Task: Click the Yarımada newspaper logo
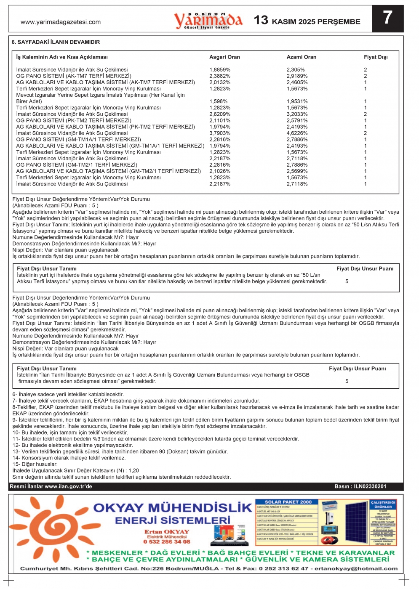pyautogui.click(x=208, y=20)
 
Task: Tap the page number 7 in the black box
pyautogui.click(x=387, y=18)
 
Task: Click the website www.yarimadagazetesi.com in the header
pyautogui.click(x=61, y=22)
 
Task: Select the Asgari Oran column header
pyautogui.click(x=224, y=57)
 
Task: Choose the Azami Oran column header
pyautogui.click(x=301, y=57)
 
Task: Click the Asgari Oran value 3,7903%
pyautogui.click(x=220, y=133)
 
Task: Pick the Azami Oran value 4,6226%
pyautogui.click(x=297, y=133)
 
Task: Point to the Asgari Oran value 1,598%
pyautogui.click(x=218, y=101)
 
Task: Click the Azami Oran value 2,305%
pyautogui.click(x=296, y=70)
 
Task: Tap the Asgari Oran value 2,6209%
pyautogui.click(x=220, y=114)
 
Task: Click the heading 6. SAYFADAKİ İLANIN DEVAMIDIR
pyautogui.click(x=56, y=42)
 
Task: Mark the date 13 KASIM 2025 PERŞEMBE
pyautogui.click(x=307, y=21)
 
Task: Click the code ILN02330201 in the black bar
pyautogui.click(x=370, y=487)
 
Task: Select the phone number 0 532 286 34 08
pyautogui.click(x=167, y=542)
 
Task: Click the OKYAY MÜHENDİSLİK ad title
pyautogui.click(x=173, y=508)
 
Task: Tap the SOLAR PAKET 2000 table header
pyautogui.click(x=288, y=502)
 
